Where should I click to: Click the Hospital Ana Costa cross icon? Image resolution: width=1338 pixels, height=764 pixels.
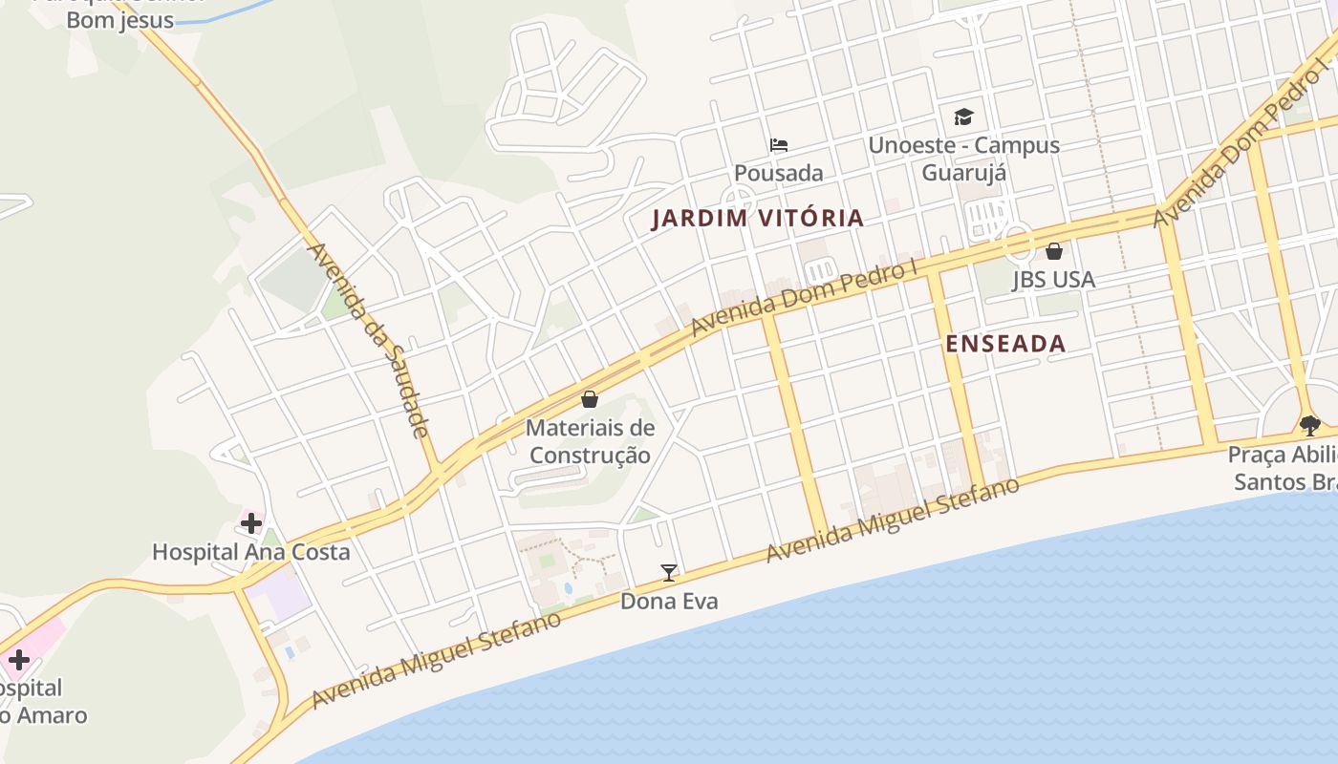click(251, 523)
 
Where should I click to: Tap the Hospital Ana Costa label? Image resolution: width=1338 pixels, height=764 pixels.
click(251, 552)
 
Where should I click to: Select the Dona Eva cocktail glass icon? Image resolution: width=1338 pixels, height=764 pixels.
click(669, 573)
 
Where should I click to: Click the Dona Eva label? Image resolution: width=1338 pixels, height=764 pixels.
click(669, 602)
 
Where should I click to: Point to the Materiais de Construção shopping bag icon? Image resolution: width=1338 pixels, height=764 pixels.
click(590, 399)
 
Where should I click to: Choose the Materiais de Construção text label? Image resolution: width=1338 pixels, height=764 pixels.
click(590, 441)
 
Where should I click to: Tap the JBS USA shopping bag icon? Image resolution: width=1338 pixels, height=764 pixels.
click(1054, 251)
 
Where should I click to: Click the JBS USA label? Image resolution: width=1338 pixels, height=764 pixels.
click(1053, 280)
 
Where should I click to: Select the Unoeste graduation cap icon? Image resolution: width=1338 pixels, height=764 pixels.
click(963, 117)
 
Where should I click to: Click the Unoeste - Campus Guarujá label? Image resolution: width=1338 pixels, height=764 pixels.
click(963, 159)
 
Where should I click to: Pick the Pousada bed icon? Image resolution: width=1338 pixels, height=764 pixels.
click(779, 145)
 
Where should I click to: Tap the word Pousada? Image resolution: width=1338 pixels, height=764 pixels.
click(779, 173)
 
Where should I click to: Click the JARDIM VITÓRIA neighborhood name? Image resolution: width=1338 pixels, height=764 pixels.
click(758, 219)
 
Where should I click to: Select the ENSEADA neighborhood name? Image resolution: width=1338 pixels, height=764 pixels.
click(1005, 345)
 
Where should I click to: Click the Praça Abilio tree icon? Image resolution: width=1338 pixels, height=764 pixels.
click(1309, 425)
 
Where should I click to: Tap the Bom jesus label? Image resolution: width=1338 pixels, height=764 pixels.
click(120, 20)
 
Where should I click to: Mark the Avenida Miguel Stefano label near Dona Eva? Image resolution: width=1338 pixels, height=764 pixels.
click(893, 520)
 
